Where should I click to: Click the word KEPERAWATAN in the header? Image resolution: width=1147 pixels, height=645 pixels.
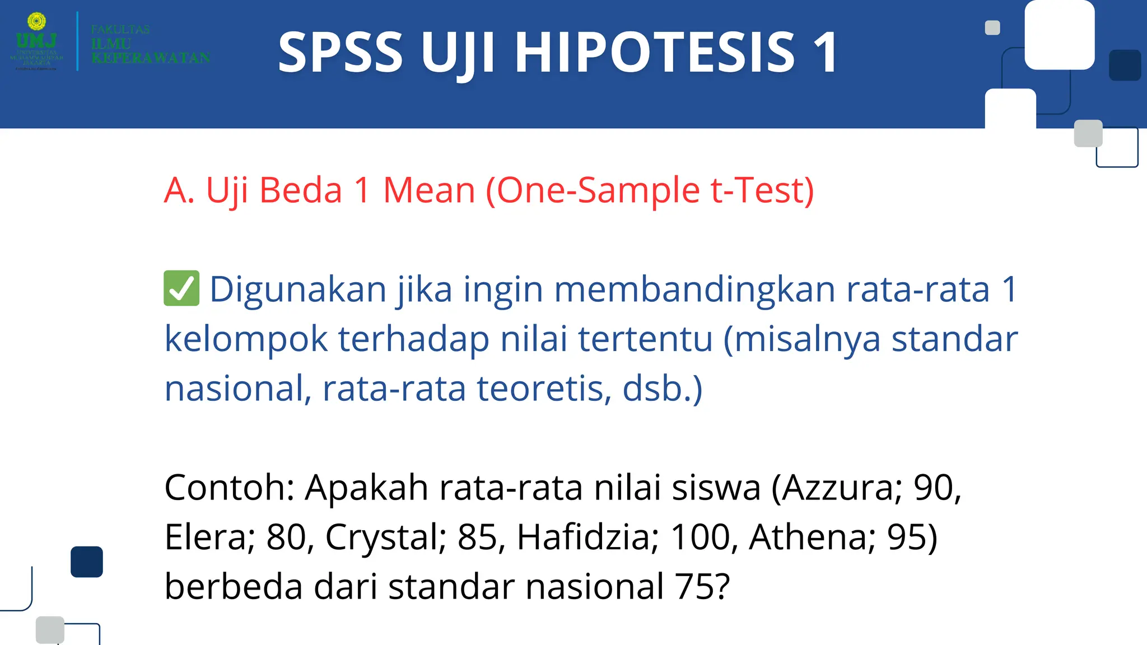pos(151,58)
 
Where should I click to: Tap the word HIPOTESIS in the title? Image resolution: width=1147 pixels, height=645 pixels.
pos(654,52)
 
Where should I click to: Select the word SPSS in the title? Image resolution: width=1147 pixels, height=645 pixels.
pos(340,52)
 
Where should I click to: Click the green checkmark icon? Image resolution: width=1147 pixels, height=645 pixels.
pos(181,288)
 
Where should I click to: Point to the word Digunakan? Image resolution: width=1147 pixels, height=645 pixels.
pos(298,289)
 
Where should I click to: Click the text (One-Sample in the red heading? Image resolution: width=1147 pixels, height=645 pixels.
pos(593,190)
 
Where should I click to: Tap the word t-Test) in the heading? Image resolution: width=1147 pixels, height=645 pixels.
pos(762,190)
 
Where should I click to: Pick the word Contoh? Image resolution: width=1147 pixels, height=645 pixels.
pos(229,487)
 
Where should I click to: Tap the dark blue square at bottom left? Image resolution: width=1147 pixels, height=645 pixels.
pos(87,562)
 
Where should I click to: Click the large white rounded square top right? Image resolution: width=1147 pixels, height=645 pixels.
pos(1059,35)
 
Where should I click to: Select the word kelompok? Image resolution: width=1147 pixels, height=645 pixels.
pos(246,339)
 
